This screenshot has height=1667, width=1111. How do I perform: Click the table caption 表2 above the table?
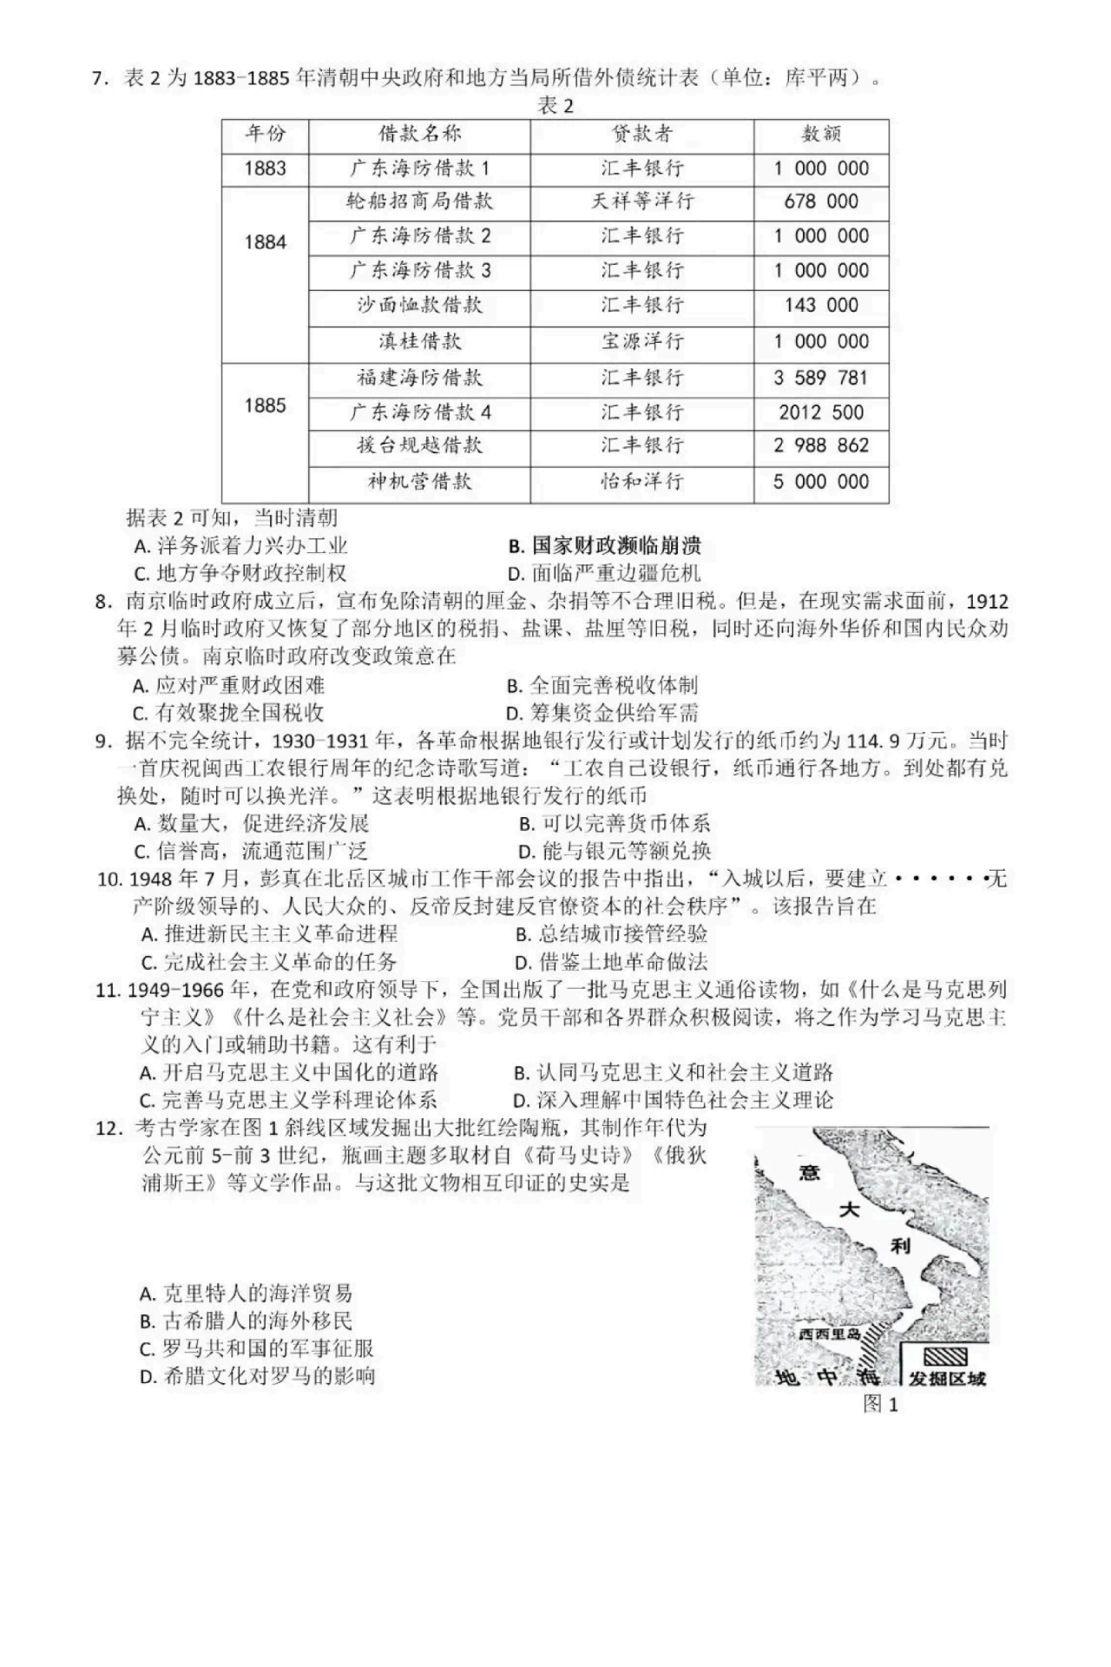click(555, 106)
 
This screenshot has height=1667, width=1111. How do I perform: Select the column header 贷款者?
click(641, 134)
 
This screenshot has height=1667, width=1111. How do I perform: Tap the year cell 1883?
click(265, 168)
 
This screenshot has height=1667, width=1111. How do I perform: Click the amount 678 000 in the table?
click(820, 201)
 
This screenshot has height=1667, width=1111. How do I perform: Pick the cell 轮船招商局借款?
click(419, 201)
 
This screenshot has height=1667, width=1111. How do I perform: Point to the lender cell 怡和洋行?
click(641, 481)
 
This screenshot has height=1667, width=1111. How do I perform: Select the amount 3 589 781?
click(820, 379)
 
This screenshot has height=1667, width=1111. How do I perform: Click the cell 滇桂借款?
click(419, 341)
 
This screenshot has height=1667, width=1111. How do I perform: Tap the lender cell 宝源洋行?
click(641, 341)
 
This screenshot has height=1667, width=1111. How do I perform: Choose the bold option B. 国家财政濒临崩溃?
click(604, 545)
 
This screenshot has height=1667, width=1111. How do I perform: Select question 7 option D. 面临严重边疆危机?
click(604, 573)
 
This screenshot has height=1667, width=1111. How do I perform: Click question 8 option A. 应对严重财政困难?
click(229, 685)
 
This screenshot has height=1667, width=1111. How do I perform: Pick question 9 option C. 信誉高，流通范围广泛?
click(251, 851)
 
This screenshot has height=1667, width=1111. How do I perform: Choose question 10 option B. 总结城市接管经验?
click(612, 933)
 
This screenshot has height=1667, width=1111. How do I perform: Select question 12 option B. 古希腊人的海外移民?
click(247, 1321)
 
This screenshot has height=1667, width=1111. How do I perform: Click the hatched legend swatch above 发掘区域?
click(943, 1356)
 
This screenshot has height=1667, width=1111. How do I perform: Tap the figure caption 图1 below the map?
click(880, 1404)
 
